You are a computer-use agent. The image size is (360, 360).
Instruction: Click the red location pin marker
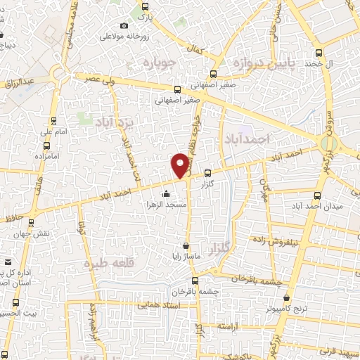(x=181, y=165)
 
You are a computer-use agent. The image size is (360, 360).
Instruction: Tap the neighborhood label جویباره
(x=163, y=63)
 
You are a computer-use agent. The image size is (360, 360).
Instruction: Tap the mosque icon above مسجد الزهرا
(x=166, y=195)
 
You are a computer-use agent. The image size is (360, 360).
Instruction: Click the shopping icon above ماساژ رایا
(x=185, y=246)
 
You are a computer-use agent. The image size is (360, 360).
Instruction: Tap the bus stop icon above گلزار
(x=207, y=173)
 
